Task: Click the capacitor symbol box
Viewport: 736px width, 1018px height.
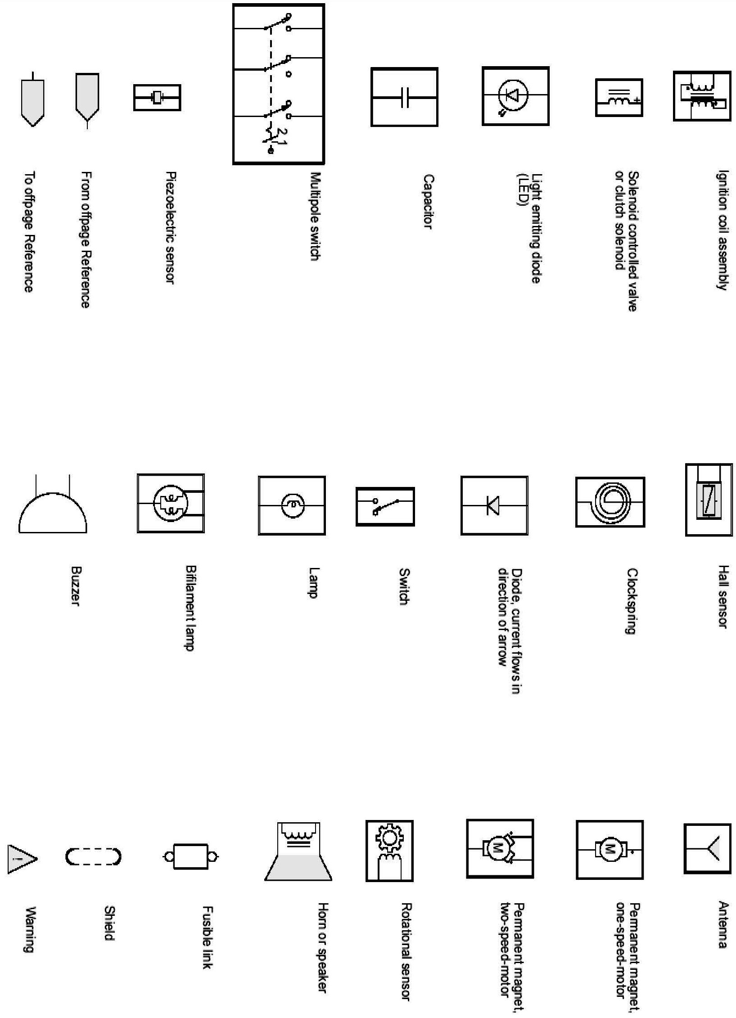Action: [404, 97]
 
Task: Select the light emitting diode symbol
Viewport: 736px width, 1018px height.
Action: [515, 96]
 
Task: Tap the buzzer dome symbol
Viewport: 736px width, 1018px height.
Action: [53, 514]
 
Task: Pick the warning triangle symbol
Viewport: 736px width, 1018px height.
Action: [21, 859]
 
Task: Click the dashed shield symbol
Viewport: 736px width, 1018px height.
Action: [94, 856]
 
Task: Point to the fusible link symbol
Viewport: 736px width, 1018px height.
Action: [190, 856]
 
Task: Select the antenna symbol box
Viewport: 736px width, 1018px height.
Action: [707, 848]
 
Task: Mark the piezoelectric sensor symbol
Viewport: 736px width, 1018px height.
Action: [157, 97]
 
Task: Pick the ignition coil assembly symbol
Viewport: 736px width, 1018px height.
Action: [701, 96]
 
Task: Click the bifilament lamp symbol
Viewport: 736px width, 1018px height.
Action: [170, 503]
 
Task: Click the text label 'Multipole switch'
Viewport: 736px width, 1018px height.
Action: [316, 216]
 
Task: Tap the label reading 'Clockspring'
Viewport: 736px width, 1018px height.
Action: [632, 601]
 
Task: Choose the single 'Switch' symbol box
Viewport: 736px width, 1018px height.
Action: [385, 506]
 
